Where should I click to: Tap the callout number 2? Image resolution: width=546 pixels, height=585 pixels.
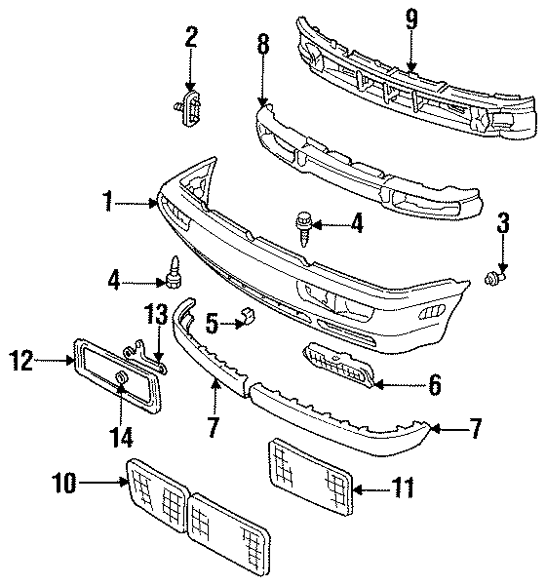click(191, 38)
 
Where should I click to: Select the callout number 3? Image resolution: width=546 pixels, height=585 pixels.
click(503, 222)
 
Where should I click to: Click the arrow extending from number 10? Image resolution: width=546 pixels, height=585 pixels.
click(105, 480)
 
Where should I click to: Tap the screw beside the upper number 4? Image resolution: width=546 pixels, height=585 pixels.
click(303, 227)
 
